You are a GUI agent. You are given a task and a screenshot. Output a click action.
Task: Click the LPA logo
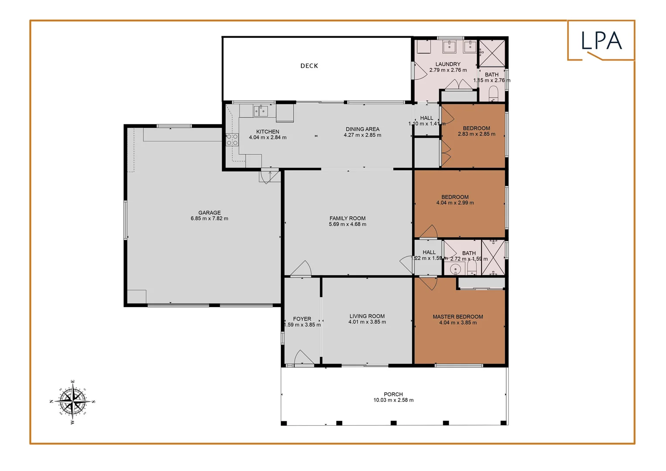point(601,41)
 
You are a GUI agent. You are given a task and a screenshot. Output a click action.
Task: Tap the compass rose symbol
point(72,402)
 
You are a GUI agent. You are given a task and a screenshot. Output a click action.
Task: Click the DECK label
point(309,66)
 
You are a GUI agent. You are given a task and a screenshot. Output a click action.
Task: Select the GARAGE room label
point(209,213)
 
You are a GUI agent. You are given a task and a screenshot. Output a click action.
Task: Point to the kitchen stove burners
point(232,140)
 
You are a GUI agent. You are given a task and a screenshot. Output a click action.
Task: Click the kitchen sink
point(260,111)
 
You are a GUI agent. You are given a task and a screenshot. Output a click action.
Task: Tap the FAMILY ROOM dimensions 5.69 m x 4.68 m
point(347,225)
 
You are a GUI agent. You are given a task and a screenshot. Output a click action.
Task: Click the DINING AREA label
point(362,129)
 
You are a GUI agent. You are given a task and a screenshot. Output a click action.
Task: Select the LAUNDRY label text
point(447,64)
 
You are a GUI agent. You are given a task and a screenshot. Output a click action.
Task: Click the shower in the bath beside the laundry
point(492,53)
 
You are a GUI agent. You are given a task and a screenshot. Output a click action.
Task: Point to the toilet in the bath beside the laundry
point(493,93)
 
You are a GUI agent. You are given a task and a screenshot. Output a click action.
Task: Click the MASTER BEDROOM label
point(458,317)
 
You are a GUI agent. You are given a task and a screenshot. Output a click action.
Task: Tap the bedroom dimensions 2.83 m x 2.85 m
point(476,134)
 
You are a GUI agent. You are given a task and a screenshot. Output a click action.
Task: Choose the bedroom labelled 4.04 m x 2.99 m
point(455,200)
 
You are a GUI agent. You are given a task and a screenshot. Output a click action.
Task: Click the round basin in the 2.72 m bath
point(455,269)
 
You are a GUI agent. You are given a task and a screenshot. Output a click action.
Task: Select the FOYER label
point(302,319)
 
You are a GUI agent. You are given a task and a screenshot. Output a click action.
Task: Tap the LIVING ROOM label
point(367,316)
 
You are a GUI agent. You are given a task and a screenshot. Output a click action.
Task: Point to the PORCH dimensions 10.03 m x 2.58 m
point(393,400)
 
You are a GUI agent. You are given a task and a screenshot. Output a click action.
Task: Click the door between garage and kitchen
point(269,175)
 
